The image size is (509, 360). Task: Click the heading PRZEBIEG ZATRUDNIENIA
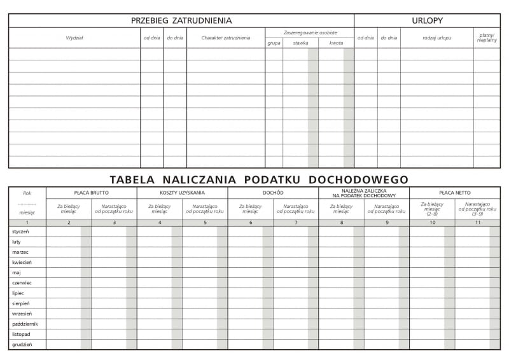(x=181, y=20)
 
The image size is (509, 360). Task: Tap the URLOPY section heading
(x=427, y=20)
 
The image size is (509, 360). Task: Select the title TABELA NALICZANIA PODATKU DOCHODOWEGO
(x=259, y=179)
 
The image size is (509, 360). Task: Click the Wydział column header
(x=74, y=38)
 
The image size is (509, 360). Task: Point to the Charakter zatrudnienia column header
(x=226, y=38)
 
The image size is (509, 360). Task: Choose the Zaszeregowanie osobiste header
(x=310, y=32)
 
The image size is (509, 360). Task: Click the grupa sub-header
(x=274, y=43)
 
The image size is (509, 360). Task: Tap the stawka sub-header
(x=300, y=43)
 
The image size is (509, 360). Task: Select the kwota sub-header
(x=336, y=43)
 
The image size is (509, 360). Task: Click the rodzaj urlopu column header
(x=436, y=38)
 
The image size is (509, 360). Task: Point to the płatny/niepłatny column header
(x=487, y=38)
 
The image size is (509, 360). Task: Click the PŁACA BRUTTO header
(x=91, y=193)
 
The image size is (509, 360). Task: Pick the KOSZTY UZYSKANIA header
(x=182, y=193)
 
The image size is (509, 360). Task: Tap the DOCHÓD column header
(x=273, y=193)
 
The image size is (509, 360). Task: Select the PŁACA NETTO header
(x=454, y=193)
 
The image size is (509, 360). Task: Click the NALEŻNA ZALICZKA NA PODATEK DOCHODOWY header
(x=364, y=193)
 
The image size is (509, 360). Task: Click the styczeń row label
(x=20, y=232)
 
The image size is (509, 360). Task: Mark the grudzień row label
(x=20, y=344)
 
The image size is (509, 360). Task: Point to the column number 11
(x=477, y=223)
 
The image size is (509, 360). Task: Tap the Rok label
(x=27, y=193)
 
